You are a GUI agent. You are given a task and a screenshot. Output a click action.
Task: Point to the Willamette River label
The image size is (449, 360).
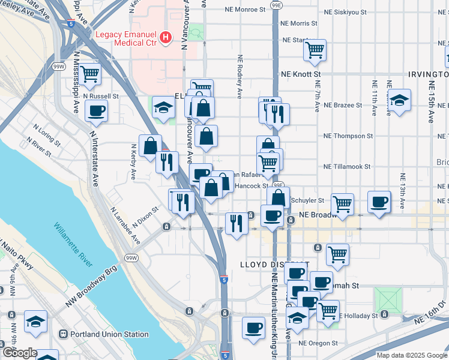73,245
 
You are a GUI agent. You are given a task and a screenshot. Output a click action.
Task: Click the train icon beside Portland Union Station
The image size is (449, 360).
62,334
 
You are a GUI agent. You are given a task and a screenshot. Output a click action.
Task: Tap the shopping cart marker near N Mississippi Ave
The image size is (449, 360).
89,74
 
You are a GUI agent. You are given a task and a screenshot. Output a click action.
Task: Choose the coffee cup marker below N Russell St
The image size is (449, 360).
96,110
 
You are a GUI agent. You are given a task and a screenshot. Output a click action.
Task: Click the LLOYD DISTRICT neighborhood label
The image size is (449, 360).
274,265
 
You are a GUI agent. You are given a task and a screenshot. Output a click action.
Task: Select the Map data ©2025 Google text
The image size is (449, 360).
411,355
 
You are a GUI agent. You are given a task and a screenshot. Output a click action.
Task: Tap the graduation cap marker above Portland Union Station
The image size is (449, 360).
35,322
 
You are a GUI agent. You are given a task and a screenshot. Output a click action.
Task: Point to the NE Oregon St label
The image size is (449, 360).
318,343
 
